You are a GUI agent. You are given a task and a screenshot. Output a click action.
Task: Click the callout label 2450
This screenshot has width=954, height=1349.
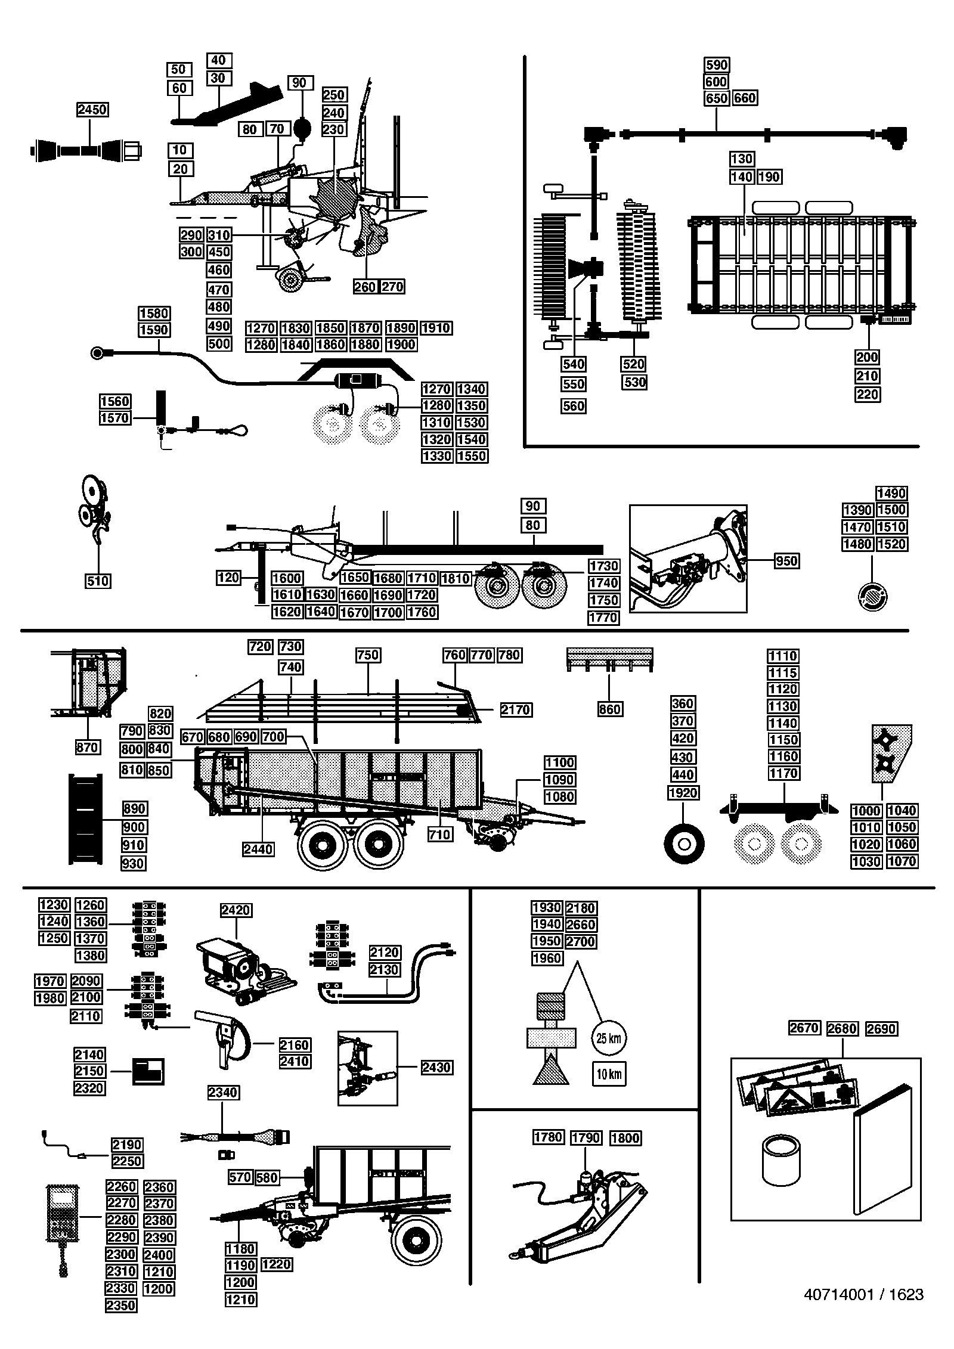[92, 110]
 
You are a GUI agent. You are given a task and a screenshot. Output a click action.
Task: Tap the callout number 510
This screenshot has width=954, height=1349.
[98, 581]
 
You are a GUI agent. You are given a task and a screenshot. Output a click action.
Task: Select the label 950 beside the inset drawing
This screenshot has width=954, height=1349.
[786, 561]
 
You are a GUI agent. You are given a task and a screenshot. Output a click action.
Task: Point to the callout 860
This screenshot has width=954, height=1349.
[610, 709]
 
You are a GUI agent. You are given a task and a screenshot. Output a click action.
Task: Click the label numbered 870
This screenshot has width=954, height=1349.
[87, 747]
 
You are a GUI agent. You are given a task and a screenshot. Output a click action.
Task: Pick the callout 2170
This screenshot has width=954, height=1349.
[516, 710]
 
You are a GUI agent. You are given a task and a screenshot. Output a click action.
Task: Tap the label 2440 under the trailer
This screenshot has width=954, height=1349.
[259, 849]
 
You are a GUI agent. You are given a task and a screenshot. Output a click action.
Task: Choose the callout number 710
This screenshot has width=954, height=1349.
[439, 835]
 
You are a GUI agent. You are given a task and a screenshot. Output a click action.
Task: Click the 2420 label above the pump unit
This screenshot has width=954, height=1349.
[236, 910]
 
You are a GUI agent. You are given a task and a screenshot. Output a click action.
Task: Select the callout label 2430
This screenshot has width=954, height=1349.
[436, 1067]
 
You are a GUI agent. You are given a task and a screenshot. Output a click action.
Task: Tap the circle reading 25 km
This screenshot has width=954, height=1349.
[609, 1038]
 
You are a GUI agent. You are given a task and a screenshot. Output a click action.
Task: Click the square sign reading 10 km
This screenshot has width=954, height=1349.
[609, 1074]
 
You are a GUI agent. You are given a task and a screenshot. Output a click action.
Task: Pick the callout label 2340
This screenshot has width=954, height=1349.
[223, 1093]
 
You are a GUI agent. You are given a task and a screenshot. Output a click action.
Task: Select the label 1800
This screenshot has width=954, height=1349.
[625, 1138]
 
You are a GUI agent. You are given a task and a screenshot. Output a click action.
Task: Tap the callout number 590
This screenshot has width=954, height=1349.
[717, 65]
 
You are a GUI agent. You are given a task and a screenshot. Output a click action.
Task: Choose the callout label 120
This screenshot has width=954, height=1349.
[228, 577]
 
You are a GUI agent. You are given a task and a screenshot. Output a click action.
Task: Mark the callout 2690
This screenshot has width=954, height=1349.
[881, 1028]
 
